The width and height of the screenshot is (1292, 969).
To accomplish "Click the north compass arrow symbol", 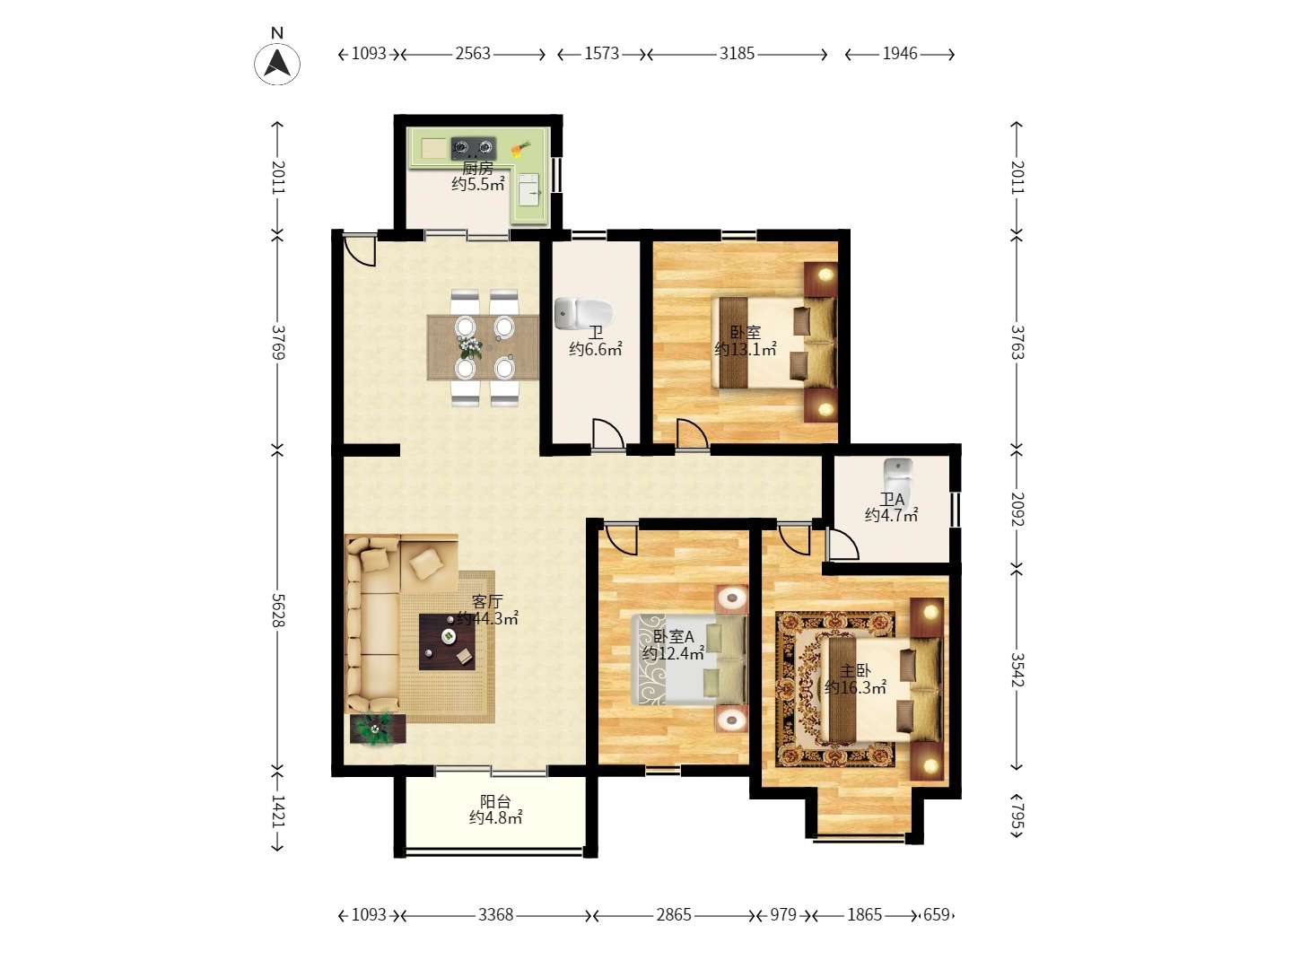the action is click(x=276, y=63).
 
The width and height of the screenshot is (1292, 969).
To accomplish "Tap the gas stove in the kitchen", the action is click(x=473, y=148).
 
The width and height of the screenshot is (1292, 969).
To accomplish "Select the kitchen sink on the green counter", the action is click(x=528, y=189).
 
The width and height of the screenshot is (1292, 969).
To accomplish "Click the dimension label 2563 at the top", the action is click(x=473, y=54).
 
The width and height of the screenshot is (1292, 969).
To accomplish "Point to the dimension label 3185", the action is click(x=737, y=54).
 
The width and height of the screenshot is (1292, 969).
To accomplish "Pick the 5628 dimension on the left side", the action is click(x=278, y=610).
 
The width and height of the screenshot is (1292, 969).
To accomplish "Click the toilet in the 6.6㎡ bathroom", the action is click(x=584, y=312).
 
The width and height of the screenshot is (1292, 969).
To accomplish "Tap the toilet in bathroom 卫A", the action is click(x=898, y=479).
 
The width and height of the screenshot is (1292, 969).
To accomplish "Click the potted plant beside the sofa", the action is click(x=378, y=729).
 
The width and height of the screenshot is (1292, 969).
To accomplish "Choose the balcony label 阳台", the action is click(x=495, y=801).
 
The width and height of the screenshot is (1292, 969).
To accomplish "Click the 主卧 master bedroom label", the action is click(x=855, y=671).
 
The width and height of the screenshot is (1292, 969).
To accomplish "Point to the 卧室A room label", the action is click(x=674, y=637).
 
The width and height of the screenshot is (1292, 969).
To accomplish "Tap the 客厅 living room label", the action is click(x=487, y=601).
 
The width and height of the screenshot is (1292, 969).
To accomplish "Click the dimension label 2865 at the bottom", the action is click(x=674, y=915).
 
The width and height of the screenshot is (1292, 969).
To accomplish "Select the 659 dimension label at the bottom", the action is click(x=936, y=915).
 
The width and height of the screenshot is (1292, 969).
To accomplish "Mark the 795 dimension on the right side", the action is click(x=1017, y=816).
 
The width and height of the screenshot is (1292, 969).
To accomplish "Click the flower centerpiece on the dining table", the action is click(x=470, y=346).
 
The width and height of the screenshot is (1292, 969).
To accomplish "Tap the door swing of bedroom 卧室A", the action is click(x=621, y=540).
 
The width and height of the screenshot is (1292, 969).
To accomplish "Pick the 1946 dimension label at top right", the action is click(x=899, y=54).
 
